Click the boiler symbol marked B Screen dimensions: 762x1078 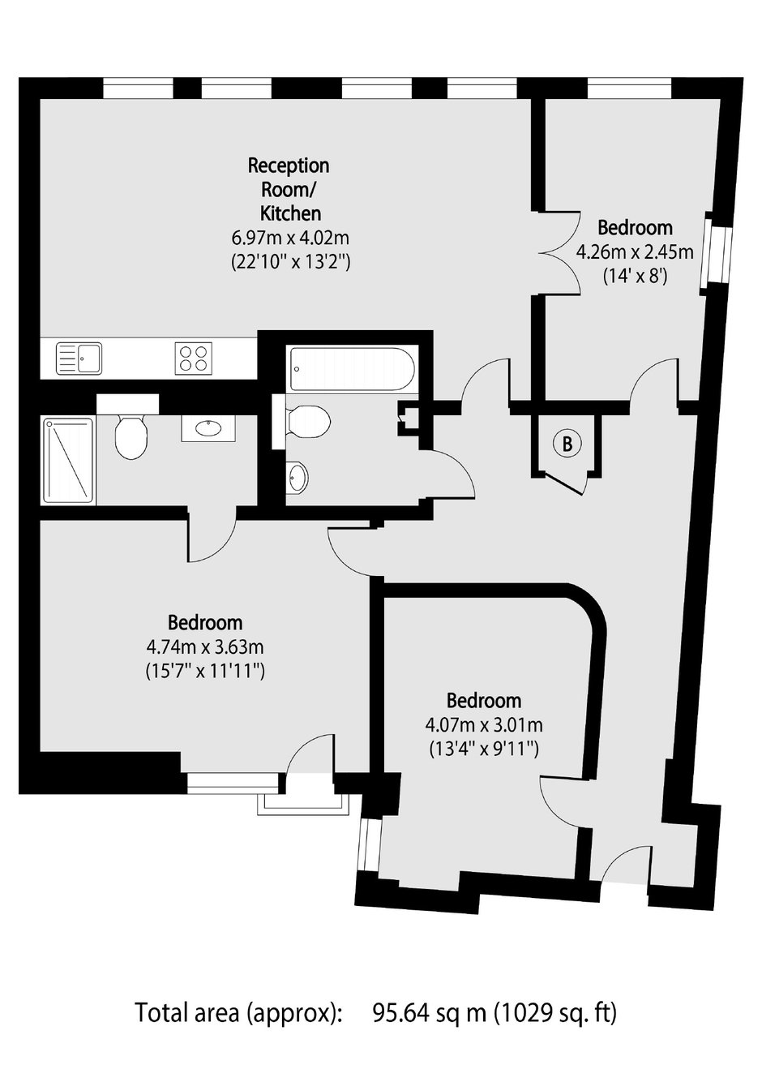[x=567, y=443]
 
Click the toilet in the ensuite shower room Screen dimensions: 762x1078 [x=131, y=435]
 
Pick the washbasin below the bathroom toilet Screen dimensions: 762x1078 [x=298, y=477]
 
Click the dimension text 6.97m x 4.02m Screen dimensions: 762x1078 [x=290, y=238]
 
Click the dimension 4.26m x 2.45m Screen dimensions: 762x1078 [x=635, y=251]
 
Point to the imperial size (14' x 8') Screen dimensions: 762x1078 [x=635, y=277]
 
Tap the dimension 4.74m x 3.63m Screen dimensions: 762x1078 [x=205, y=646]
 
